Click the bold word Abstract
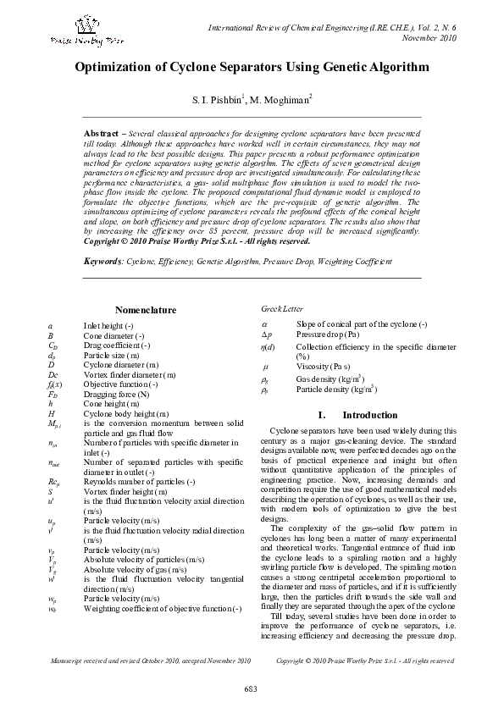(x=98, y=134)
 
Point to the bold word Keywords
(x=104, y=263)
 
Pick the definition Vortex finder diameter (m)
(x=130, y=373)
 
